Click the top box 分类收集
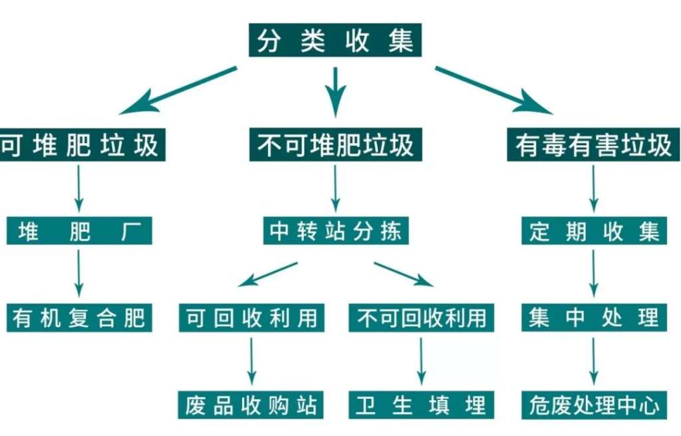(335, 41)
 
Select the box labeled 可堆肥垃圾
(81, 145)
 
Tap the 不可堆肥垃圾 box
(335, 145)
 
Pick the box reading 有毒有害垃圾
(594, 145)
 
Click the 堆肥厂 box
(79, 232)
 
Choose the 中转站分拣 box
(335, 232)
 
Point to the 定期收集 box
(594, 232)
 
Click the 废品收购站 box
(251, 404)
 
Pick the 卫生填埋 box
(422, 404)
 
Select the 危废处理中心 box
(594, 404)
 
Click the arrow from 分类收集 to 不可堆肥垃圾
(335, 90)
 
